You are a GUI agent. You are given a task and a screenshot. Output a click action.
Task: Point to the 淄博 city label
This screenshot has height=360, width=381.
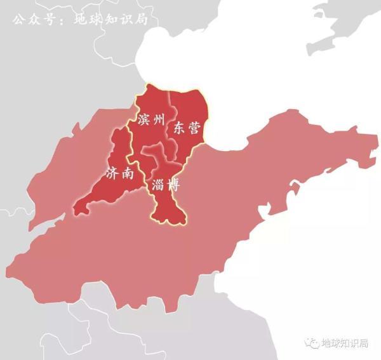165,185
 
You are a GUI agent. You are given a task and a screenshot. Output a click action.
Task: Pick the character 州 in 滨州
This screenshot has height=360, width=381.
159,119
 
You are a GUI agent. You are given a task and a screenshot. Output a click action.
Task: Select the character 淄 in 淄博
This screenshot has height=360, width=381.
157,185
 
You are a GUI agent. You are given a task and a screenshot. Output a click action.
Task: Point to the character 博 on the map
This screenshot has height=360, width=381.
173,185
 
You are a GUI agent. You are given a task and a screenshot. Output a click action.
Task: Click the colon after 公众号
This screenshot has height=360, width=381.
62,19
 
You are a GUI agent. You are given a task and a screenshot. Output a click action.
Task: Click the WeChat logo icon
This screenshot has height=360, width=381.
312,343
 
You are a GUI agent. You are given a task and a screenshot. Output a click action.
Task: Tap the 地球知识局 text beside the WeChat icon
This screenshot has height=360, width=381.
345,343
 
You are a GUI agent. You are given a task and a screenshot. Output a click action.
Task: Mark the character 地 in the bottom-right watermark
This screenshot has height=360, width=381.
327,343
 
